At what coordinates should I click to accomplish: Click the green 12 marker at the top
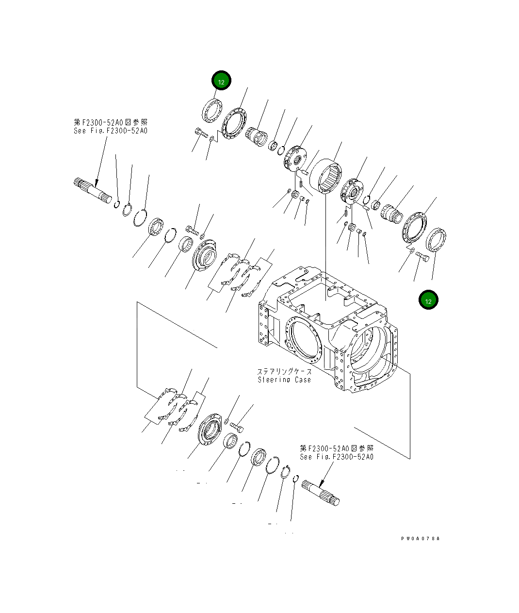221,82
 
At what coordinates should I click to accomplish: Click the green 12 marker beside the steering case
428,300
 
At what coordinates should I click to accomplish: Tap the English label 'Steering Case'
284,380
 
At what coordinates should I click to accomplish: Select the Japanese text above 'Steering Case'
284,371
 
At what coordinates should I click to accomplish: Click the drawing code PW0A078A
420,539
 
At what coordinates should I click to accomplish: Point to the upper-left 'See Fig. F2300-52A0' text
111,131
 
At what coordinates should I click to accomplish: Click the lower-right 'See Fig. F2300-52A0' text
337,457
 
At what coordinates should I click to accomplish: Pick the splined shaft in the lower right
321,493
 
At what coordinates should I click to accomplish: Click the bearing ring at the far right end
436,240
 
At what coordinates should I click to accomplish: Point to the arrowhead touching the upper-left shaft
96,185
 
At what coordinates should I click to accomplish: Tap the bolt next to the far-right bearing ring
422,256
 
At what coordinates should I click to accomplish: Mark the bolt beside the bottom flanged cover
236,426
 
